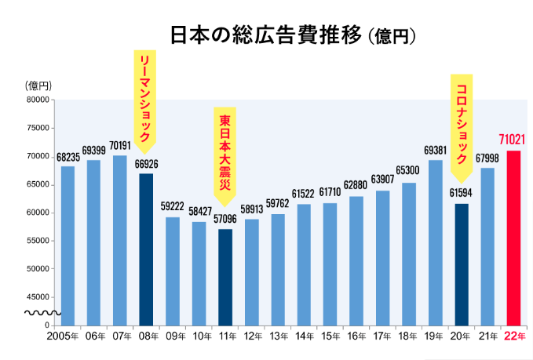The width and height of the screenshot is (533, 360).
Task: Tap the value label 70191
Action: [x=120, y=146]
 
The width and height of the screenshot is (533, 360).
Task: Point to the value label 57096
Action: [x=225, y=220]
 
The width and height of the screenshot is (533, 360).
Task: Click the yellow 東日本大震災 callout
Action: [x=225, y=153]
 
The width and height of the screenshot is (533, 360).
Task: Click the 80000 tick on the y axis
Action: [x=38, y=100]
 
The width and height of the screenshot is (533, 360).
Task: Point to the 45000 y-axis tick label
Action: [x=38, y=296]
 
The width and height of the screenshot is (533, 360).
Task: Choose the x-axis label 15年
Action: [x=330, y=336]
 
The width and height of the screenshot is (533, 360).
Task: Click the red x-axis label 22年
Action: [x=514, y=336]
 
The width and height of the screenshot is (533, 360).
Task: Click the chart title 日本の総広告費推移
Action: [x=266, y=35]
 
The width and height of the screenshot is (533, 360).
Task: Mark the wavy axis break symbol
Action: [x=38, y=312]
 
